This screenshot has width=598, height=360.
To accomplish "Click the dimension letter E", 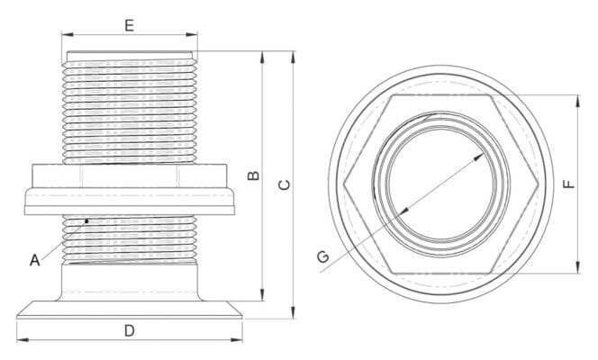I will (130, 24).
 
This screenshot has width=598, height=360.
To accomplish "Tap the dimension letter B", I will (254, 175).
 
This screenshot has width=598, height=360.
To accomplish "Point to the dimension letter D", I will (130, 330).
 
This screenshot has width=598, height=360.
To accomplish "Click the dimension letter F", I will (568, 184).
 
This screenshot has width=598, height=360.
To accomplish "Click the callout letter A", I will (34, 261).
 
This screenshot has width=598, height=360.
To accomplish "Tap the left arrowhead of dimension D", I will (21, 339).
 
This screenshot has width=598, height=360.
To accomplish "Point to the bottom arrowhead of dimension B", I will (262, 295).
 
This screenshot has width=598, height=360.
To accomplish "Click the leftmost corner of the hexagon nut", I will (344, 184).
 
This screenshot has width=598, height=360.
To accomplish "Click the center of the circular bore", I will (441, 184).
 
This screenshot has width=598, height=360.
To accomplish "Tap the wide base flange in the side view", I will (130, 309).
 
